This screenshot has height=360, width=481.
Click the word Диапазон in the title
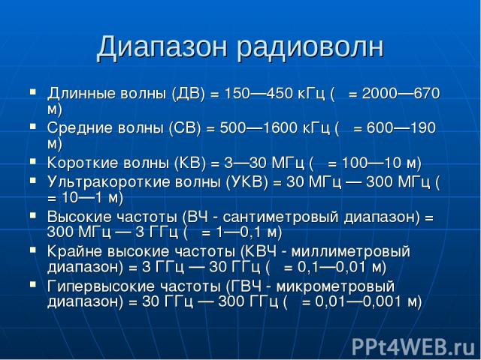[162, 48]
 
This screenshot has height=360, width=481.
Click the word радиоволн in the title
[310, 48]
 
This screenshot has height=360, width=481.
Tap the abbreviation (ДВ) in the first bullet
[189, 93]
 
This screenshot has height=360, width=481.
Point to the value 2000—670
[401, 93]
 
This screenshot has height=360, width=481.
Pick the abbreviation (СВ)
[184, 128]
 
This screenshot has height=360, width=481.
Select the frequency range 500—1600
[259, 128]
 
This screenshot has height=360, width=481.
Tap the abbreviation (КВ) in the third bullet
[190, 163]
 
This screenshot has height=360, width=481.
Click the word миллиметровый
[351, 252]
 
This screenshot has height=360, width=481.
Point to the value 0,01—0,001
[359, 301]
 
